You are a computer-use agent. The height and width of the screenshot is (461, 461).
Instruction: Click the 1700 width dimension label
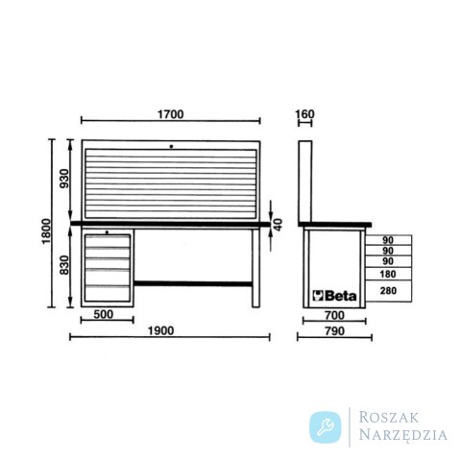[x=171, y=114]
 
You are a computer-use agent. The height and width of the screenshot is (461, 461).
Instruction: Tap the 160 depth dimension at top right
[x=304, y=114]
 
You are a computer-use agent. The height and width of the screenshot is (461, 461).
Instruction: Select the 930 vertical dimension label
[x=64, y=179]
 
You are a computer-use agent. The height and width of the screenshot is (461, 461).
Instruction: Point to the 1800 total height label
[x=46, y=231]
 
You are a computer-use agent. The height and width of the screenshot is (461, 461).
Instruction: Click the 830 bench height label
[x=64, y=265]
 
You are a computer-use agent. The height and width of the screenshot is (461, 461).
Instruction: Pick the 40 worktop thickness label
[x=279, y=225]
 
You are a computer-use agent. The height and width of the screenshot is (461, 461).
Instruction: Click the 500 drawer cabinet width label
[x=104, y=314]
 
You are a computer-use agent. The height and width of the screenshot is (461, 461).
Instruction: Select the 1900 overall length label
[x=160, y=330]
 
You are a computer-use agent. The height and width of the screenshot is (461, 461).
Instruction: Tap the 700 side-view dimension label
[x=334, y=316]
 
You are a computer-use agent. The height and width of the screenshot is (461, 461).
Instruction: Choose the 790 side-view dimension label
[x=334, y=331]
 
